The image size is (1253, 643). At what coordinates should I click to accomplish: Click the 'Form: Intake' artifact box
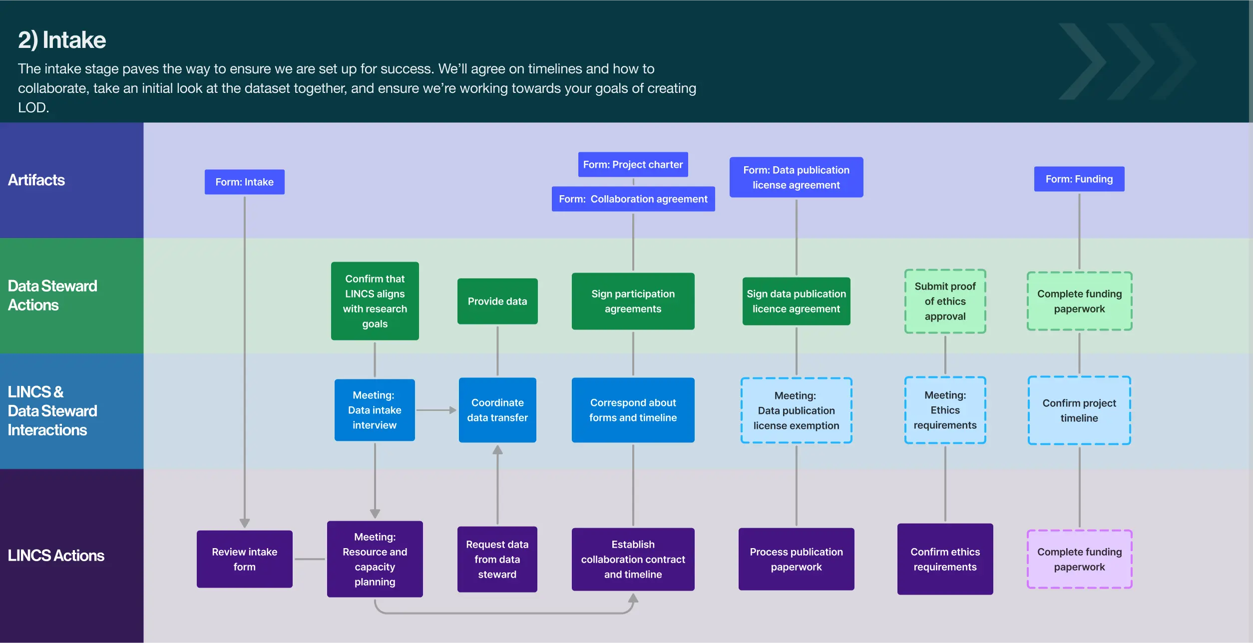click(x=244, y=182)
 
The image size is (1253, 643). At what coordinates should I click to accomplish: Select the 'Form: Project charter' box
click(x=633, y=164)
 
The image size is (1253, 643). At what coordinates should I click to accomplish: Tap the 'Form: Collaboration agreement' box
click(x=633, y=199)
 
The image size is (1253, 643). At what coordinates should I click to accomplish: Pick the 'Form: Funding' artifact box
click(x=1079, y=179)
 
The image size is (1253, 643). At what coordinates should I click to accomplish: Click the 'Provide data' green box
click(x=497, y=301)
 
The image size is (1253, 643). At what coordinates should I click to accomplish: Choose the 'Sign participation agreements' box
click(x=633, y=301)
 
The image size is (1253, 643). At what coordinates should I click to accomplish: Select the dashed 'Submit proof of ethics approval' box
click(x=945, y=301)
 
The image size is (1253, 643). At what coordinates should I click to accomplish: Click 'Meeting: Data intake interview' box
click(x=374, y=410)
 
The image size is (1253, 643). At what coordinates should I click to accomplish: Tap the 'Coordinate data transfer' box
click(x=497, y=410)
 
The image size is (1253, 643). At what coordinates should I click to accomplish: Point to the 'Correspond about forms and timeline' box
click(x=633, y=410)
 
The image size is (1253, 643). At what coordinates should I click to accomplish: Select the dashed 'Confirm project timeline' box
click(x=1079, y=410)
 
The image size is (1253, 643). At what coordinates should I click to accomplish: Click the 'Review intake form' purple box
click(x=244, y=559)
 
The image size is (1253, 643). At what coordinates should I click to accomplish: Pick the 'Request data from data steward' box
click(x=497, y=559)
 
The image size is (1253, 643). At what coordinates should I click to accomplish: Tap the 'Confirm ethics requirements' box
click(x=945, y=559)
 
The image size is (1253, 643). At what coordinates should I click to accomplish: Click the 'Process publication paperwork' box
click(x=796, y=559)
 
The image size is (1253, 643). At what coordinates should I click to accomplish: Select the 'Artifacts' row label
click(x=36, y=180)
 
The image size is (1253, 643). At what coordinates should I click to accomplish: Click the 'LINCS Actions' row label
click(x=56, y=556)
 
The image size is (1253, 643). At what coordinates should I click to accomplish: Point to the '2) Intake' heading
click(x=62, y=40)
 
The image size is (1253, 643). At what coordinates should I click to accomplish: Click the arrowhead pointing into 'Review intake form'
click(x=244, y=523)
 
